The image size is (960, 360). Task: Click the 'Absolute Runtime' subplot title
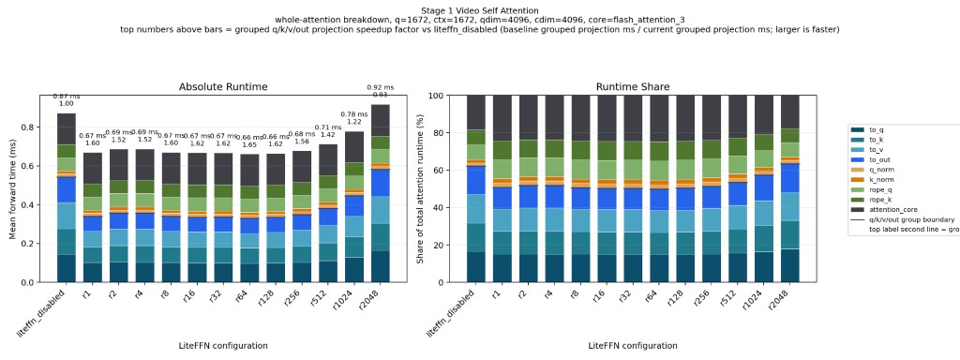click(x=223, y=86)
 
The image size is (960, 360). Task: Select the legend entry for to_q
click(x=878, y=130)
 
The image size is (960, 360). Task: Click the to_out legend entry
click(x=882, y=159)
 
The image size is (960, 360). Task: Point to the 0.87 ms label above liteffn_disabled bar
click(x=66, y=97)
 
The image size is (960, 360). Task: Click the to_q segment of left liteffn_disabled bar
click(x=66, y=268)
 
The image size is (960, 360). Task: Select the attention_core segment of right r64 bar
click(x=658, y=118)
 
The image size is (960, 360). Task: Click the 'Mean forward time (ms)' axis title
click(x=14, y=187)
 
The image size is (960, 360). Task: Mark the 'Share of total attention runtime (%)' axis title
click(x=422, y=187)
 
